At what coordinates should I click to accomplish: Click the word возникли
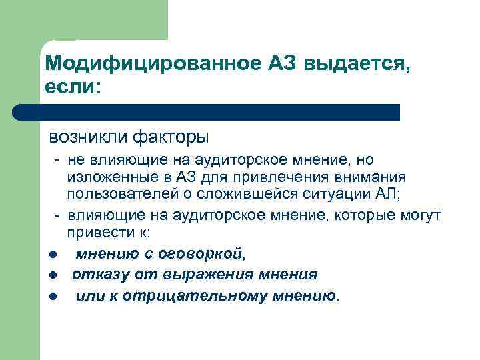[x=87, y=137]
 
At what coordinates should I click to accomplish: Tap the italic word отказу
[x=94, y=275]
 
